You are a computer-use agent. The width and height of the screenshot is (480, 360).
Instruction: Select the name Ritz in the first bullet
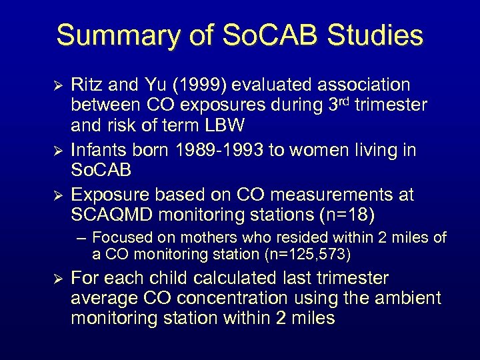click(x=88, y=85)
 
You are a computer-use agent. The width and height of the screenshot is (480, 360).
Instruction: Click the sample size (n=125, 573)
click(x=305, y=254)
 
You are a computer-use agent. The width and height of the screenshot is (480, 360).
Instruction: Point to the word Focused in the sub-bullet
click(x=118, y=238)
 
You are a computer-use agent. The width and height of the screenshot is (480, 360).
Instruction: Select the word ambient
click(x=409, y=297)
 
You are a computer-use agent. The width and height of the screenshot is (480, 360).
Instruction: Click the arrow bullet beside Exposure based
click(x=57, y=195)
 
